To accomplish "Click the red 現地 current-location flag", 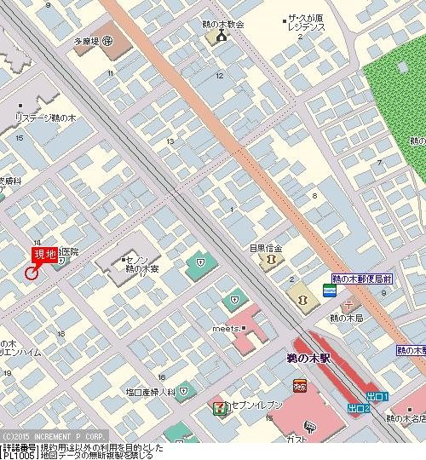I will tap(44, 254).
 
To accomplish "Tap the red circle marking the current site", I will tap(32, 273).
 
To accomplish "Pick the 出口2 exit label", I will tap(360, 409).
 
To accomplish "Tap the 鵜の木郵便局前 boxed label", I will tap(361, 279).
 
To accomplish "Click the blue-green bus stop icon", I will tap(329, 291).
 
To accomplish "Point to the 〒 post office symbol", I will tap(347, 305).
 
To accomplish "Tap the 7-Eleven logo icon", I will tap(219, 408).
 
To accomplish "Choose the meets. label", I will tap(224, 329).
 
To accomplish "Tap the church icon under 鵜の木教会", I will tap(222, 37).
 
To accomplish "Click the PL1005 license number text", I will tap(17, 455).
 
